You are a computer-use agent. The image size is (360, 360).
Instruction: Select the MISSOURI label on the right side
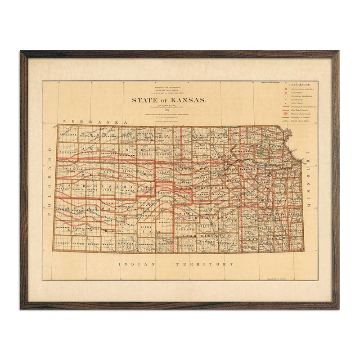click(x=309, y=180)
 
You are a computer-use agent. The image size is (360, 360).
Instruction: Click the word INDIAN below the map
click(x=135, y=264)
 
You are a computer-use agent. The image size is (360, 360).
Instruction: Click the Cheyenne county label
click(x=69, y=134)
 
